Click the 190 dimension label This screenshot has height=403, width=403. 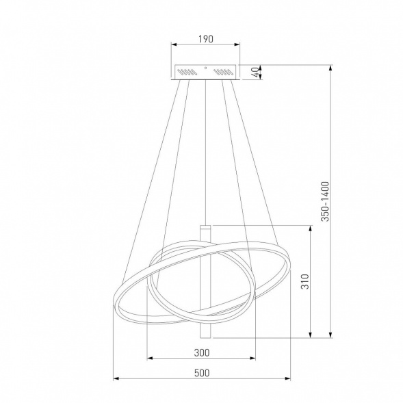click(206, 39)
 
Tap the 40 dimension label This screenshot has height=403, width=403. click(255, 73)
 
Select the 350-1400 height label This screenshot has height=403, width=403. click(325, 201)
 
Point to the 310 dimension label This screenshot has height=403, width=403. click(305, 281)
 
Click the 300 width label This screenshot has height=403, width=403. click(202, 353)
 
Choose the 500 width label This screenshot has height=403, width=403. click(202, 373)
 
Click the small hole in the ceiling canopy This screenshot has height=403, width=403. click(205, 68)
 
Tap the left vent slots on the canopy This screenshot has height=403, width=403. click(187, 72)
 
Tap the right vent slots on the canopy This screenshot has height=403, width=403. click(223, 72)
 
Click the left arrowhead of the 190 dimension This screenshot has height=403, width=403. click(174, 44)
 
